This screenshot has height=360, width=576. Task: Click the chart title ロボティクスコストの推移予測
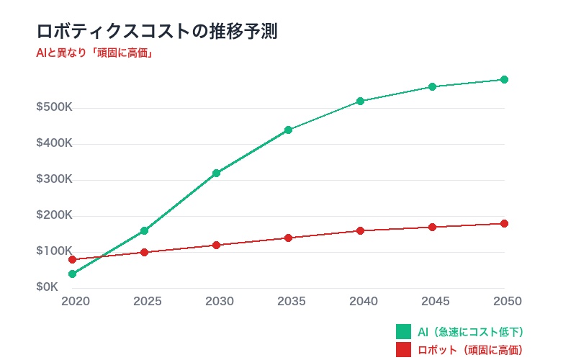click(x=157, y=31)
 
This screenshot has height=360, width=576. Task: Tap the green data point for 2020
click(x=72, y=274)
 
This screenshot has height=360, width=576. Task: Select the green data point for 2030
click(x=216, y=173)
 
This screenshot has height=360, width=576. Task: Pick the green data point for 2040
click(x=360, y=101)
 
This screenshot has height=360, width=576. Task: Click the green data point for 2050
click(x=504, y=79)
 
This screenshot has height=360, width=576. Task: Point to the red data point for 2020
click(x=72, y=259)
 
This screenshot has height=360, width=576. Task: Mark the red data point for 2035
click(x=288, y=238)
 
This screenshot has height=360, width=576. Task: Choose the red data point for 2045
click(x=432, y=227)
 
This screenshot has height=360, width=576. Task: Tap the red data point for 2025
click(x=144, y=252)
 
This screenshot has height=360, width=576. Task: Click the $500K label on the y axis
click(x=54, y=107)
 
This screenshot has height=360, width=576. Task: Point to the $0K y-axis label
click(x=47, y=287)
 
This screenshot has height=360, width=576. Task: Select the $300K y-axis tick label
click(x=54, y=179)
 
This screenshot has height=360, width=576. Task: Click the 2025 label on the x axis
click(x=148, y=301)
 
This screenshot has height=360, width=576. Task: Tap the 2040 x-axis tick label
click(x=364, y=301)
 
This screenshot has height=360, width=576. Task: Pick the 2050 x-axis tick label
click(x=507, y=301)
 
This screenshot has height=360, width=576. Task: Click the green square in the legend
click(x=403, y=332)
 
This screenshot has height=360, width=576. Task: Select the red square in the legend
click(x=403, y=351)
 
